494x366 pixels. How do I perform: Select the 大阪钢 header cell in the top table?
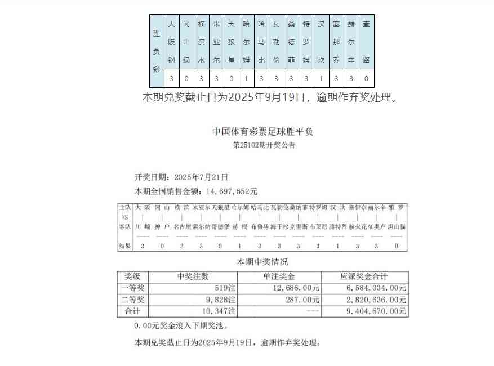(171, 42)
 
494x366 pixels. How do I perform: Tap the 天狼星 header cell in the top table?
(231, 42)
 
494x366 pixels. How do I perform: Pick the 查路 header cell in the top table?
(366, 42)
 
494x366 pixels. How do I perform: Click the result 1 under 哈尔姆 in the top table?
(246, 79)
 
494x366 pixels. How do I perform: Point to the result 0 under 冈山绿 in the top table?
(186, 79)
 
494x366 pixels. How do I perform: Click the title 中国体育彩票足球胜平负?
(262, 132)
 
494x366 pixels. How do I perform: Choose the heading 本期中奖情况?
(262, 262)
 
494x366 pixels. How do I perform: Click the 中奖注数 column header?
(193, 276)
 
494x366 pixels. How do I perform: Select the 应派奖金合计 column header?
(364, 276)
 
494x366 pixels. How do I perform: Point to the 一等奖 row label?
(133, 288)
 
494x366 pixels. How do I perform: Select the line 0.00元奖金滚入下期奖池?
(181, 325)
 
